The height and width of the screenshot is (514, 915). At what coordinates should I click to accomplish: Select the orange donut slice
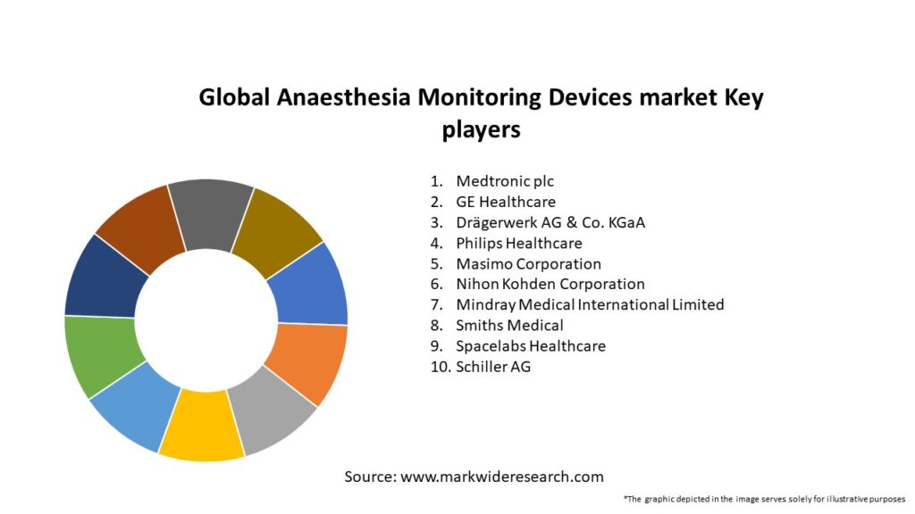[311, 363]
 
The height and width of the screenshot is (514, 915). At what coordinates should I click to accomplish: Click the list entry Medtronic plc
[505, 182]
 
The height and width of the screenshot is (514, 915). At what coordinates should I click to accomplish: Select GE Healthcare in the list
[506, 203]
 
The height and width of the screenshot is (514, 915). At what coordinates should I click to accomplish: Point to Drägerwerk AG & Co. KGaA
[550, 223]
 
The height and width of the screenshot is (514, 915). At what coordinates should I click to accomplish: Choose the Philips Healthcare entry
[519, 244]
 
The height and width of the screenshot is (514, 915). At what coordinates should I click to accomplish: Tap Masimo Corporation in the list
[528, 264]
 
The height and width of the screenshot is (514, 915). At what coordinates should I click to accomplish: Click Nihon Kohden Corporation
[550, 285]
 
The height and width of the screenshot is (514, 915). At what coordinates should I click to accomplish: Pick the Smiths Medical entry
[509, 326]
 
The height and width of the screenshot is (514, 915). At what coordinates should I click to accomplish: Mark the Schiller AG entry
[493, 367]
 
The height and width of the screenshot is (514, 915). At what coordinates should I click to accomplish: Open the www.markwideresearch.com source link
[502, 477]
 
